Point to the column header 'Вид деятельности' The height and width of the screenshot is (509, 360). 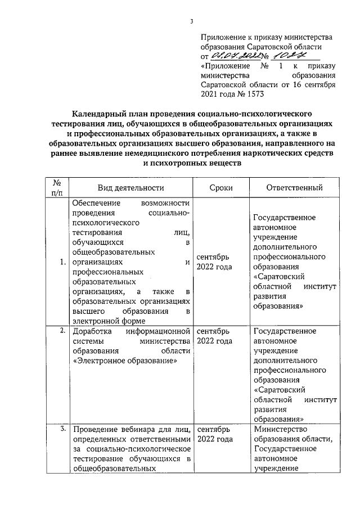[130, 188]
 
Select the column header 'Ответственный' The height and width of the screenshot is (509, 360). [294, 188]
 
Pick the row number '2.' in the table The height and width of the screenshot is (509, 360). [62, 331]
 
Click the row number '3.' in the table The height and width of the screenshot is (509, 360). [62, 430]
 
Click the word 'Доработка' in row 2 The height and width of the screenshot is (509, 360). [92, 331]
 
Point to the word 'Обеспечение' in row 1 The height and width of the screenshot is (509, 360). [96, 203]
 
